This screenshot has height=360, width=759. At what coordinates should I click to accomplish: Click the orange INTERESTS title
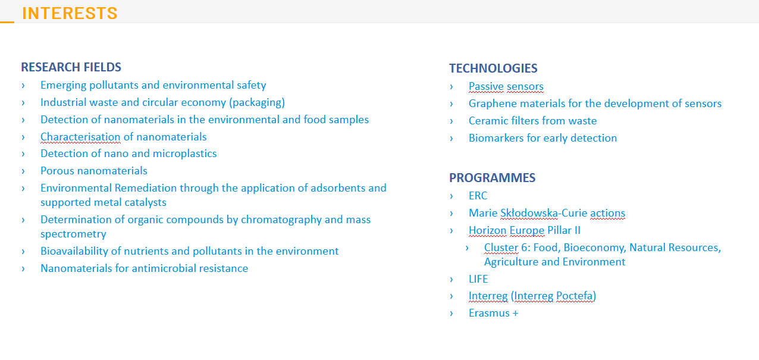click(70, 14)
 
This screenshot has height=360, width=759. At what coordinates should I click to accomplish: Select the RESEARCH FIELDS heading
click(71, 67)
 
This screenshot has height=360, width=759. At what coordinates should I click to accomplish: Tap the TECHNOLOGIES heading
click(493, 68)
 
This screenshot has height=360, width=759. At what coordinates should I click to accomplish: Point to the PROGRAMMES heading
click(493, 178)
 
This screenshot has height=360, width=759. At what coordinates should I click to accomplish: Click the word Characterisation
click(80, 137)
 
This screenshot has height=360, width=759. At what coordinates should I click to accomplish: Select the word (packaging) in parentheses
click(257, 102)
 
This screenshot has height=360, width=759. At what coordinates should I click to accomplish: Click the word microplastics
click(184, 154)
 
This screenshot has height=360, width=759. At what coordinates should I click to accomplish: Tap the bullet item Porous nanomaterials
click(94, 171)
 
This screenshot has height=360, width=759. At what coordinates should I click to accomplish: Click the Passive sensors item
click(506, 86)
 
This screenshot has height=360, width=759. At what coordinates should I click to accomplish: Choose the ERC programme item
click(478, 196)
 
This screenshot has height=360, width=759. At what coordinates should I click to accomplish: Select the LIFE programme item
click(478, 279)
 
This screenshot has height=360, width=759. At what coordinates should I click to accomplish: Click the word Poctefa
click(575, 296)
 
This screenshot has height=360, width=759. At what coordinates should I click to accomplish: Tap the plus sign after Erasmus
click(515, 313)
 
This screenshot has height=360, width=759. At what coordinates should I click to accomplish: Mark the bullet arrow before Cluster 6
click(468, 248)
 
